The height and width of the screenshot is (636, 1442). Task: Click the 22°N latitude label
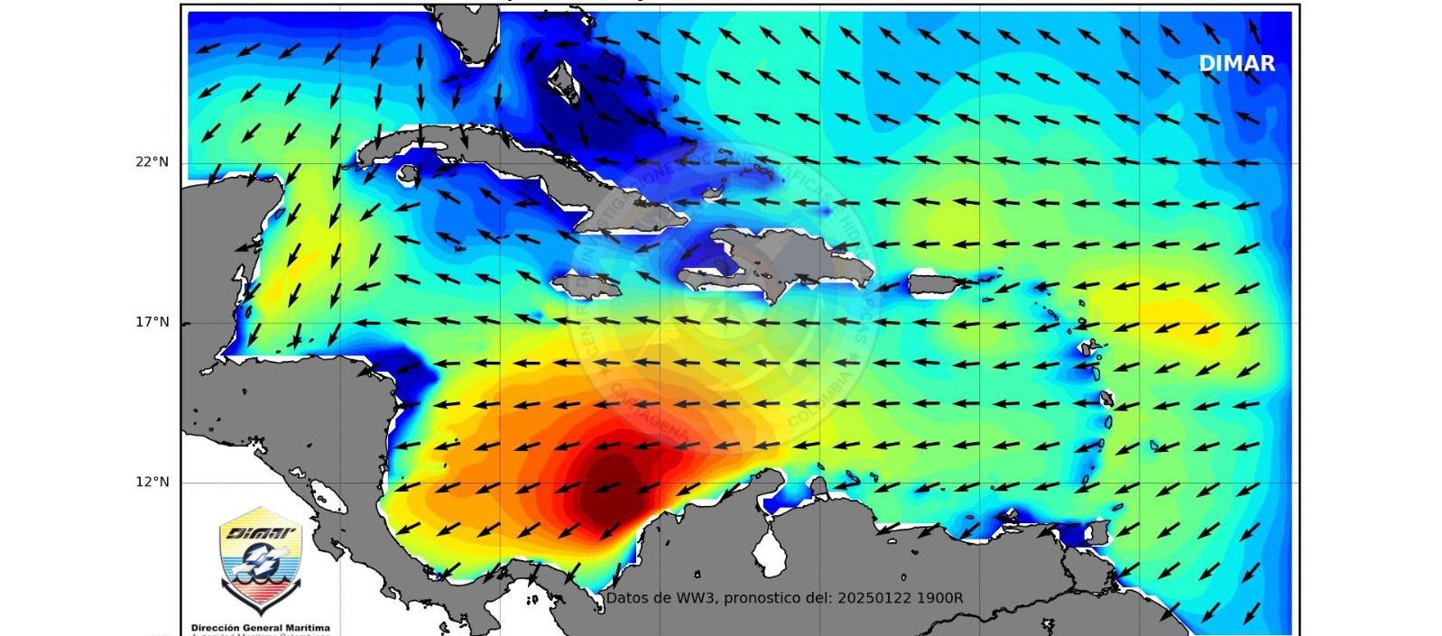153,162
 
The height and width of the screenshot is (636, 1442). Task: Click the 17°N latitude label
153,322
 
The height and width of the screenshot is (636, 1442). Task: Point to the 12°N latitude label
153,482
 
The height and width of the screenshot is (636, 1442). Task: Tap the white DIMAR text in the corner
1236,63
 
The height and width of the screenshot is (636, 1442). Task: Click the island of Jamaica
587,287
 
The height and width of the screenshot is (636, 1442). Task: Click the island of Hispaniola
794,262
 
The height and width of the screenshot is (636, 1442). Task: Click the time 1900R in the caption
938,598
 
